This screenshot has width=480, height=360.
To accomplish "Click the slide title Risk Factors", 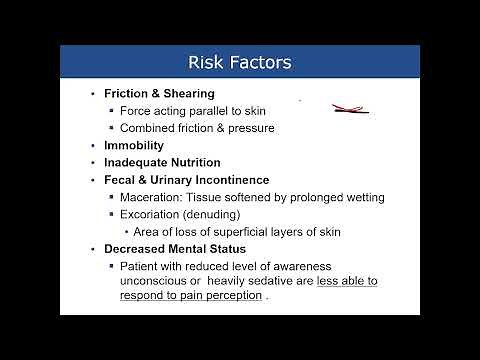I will pyautogui.click(x=240, y=63).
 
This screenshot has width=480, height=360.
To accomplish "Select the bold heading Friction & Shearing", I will pyautogui.click(x=159, y=93).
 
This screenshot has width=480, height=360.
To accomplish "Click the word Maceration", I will pyautogui.click(x=153, y=196).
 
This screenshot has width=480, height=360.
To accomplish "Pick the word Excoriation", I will pyautogui.click(x=152, y=214).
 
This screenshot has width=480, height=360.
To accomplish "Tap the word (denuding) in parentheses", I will pyautogui.click(x=215, y=214).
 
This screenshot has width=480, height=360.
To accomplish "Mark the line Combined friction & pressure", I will pyautogui.click(x=196, y=127).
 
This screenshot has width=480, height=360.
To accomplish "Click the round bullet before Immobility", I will pyautogui.click(x=93, y=145).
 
